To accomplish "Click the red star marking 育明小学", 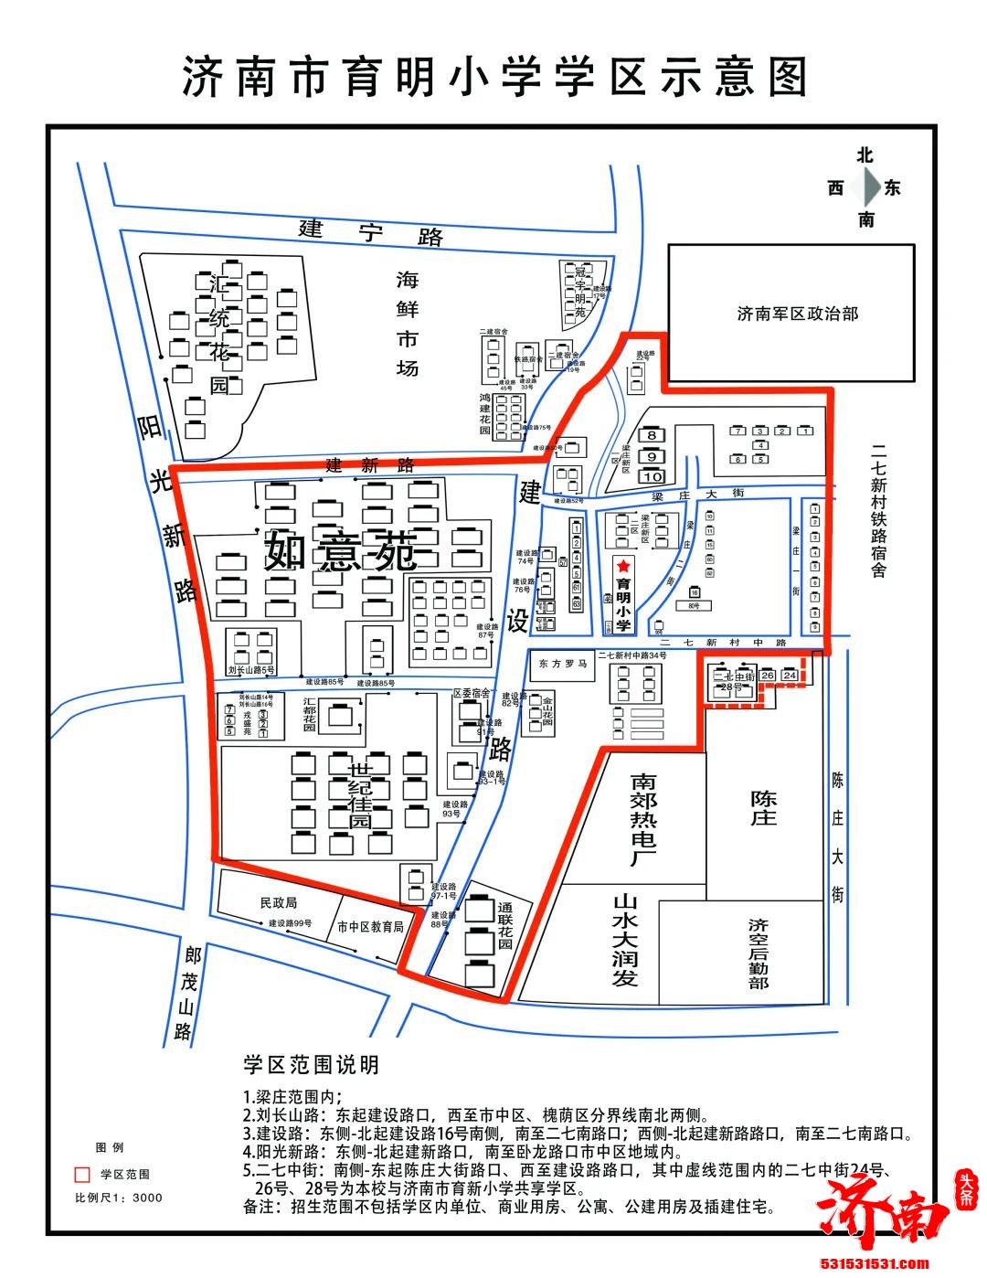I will (x=623, y=567).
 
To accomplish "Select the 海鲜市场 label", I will (x=407, y=324).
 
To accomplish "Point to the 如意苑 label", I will (x=341, y=551).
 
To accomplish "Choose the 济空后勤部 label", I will (x=758, y=953).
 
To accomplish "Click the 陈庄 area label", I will (x=763, y=807).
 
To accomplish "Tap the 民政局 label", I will (x=278, y=902).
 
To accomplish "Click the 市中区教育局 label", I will (x=370, y=926).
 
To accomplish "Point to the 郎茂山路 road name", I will (x=188, y=994).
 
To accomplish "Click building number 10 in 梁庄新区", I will (x=653, y=476).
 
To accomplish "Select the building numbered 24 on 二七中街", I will (x=790, y=676).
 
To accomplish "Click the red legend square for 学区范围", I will (x=82, y=1174).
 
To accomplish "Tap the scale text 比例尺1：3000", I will (x=119, y=1198).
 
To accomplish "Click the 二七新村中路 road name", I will (x=728, y=644).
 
